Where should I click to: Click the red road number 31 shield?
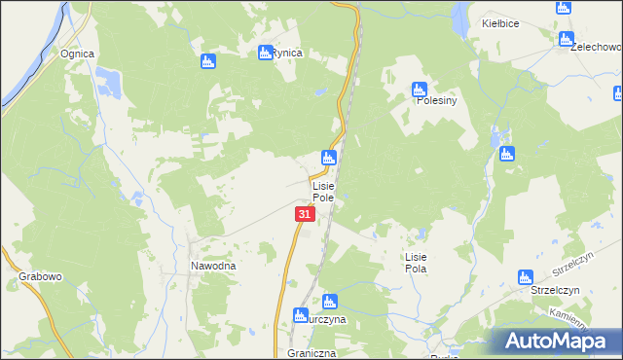pos(305,213)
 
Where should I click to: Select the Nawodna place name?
pos(213,265)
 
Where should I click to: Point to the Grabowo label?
pos(40,276)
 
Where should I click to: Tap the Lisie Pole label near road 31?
pos(323,191)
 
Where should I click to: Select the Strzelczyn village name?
pos(555,290)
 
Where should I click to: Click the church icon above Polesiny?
pos(419,88)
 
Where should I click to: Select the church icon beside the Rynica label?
pos(265,53)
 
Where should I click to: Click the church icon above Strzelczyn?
pos(526,276)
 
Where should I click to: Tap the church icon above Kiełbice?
pos(564,7)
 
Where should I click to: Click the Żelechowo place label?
pos(596,46)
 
